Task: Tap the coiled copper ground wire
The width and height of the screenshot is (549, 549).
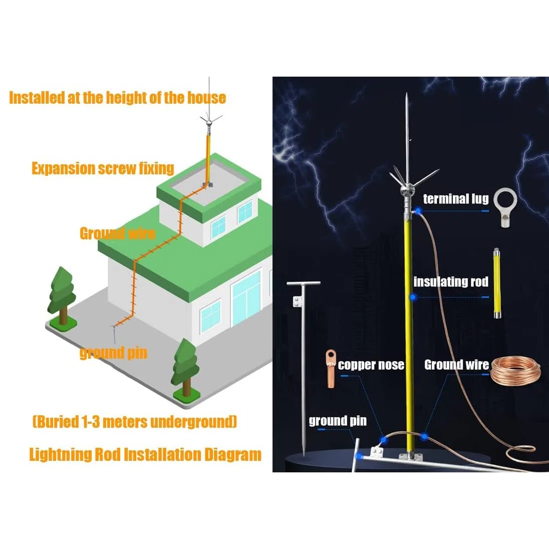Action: click(x=516, y=372)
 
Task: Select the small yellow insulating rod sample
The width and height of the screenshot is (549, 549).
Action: click(x=497, y=283)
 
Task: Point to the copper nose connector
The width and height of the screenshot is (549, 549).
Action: click(x=331, y=368)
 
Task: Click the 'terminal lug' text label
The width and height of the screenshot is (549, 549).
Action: click(x=455, y=199)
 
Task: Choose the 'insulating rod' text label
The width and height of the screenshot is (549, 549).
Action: click(x=451, y=282)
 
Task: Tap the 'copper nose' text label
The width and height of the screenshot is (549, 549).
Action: click(x=371, y=365)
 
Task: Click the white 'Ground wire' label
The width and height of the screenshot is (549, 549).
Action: click(x=456, y=365)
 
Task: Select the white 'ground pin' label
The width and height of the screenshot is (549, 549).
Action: click(x=338, y=420)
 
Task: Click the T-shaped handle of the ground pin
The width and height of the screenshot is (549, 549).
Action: click(x=303, y=283)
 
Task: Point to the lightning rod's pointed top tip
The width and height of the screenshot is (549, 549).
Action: click(x=407, y=94)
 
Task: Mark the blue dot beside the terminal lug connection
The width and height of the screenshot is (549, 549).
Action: click(x=418, y=211)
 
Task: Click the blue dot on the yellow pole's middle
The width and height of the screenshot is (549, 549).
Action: click(x=413, y=297)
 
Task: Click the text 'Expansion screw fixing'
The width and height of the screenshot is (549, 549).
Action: click(x=103, y=168)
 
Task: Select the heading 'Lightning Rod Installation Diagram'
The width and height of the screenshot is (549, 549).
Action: click(x=145, y=454)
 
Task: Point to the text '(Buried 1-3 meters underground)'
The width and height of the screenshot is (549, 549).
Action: click(x=135, y=422)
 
